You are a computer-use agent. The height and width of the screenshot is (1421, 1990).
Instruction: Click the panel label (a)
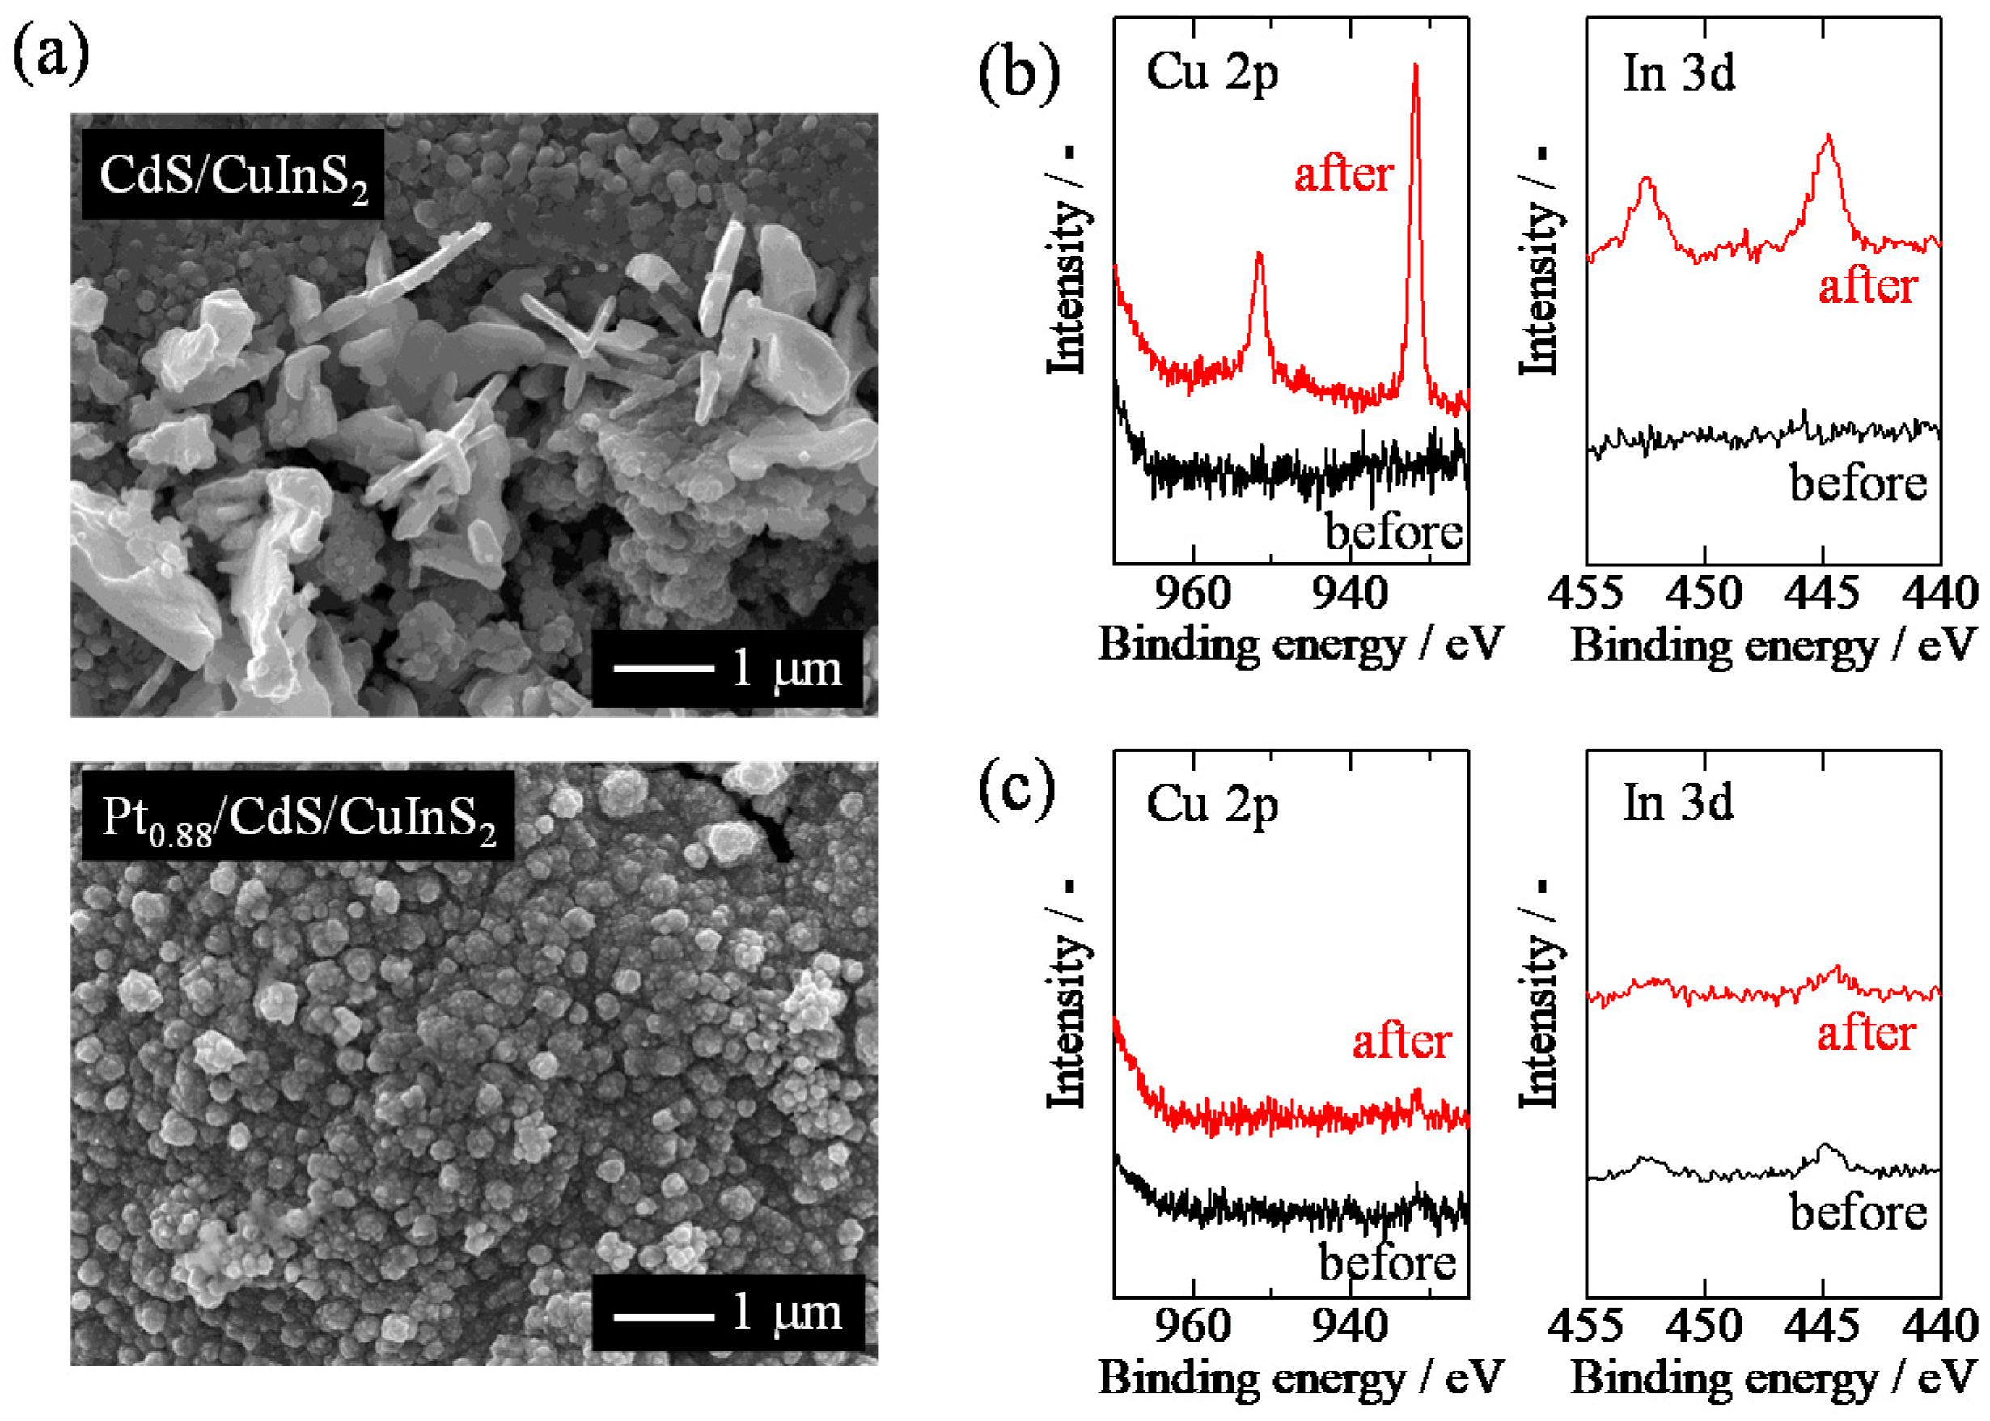[50, 54]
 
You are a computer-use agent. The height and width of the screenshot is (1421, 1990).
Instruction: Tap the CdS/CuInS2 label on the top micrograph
[233, 175]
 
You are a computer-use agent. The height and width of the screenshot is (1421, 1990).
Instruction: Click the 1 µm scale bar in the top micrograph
[664, 668]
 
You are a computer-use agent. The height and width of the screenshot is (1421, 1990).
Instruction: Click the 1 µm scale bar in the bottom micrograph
[664, 1315]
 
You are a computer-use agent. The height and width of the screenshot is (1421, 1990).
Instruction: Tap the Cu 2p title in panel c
[1212, 805]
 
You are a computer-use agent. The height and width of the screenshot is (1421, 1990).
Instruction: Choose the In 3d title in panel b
[1679, 74]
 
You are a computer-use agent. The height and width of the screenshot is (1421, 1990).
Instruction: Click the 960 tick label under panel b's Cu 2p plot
[1192, 593]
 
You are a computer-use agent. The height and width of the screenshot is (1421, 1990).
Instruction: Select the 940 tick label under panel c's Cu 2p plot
[1349, 1326]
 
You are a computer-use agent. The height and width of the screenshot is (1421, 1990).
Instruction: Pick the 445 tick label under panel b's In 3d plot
[1822, 593]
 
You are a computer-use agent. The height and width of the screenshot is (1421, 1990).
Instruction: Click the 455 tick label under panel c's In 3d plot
[1586, 1326]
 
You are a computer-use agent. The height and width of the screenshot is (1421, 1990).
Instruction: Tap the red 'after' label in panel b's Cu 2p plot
[1343, 174]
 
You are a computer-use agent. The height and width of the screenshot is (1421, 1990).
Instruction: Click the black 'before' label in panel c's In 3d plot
[1858, 1214]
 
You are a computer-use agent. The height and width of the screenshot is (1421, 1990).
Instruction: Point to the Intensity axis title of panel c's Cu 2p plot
[1067, 998]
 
